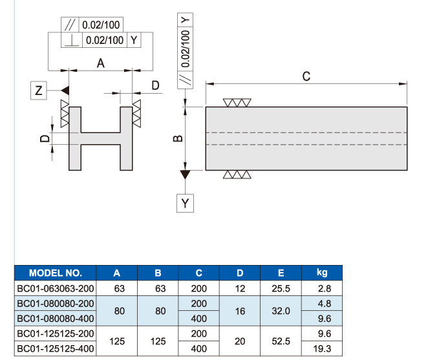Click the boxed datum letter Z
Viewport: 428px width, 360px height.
click(x=39, y=90)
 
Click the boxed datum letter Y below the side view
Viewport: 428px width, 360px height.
click(x=185, y=203)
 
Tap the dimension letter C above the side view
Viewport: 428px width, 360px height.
click(x=306, y=76)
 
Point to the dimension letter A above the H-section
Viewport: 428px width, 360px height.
click(x=100, y=63)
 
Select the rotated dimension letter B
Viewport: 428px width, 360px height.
click(x=178, y=138)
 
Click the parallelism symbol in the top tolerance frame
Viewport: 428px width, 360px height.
click(x=70, y=25)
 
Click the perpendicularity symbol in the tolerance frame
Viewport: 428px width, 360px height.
click(x=72, y=40)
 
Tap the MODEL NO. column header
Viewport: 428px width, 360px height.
click(x=56, y=273)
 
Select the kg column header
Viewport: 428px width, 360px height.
click(x=322, y=273)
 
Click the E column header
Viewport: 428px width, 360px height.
click(x=281, y=273)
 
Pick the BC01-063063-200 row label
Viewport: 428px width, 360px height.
click(x=56, y=288)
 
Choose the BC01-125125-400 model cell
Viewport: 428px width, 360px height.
click(x=56, y=348)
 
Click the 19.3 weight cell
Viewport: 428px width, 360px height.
click(x=322, y=348)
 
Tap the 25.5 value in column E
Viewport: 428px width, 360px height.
click(x=281, y=288)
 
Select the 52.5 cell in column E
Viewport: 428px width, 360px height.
click(x=281, y=341)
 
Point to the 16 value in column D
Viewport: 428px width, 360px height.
click(x=240, y=311)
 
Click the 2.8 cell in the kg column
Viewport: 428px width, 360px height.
click(x=325, y=288)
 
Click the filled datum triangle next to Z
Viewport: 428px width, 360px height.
click(x=65, y=90)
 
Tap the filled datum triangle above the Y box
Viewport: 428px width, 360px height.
click(x=185, y=175)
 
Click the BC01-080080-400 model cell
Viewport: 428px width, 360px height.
click(x=56, y=319)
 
